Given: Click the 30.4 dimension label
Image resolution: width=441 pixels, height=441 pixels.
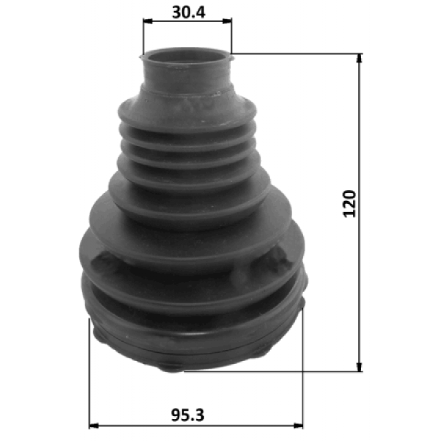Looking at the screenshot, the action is click(x=189, y=12).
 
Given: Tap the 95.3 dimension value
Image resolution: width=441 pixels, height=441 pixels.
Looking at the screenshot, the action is click(x=187, y=415).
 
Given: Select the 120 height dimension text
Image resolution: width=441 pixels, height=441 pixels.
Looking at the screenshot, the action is click(x=349, y=203).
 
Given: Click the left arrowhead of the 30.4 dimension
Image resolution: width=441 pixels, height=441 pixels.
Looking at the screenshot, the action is click(x=147, y=21).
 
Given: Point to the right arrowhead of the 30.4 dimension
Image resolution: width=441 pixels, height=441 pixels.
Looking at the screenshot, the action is click(x=227, y=21).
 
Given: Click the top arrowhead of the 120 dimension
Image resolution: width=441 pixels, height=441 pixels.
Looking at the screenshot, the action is click(x=359, y=58).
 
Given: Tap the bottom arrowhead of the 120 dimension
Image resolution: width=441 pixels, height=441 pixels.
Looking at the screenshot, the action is click(x=359, y=367).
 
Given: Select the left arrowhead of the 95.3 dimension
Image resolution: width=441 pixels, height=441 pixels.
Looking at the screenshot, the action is click(x=94, y=426).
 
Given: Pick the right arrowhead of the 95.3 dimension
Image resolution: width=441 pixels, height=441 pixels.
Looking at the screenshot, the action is click(x=298, y=426).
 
